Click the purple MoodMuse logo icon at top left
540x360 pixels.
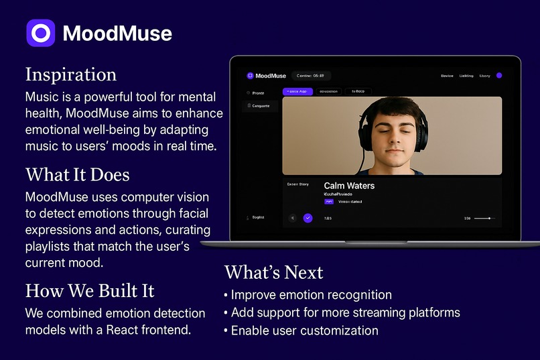[40, 33]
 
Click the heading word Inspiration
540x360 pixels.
[70, 74]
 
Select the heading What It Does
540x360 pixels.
[77, 175]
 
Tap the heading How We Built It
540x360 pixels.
[90, 290]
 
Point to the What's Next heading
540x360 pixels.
[273, 272]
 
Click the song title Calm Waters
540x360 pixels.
[349, 186]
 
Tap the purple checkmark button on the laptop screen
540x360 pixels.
[308, 218]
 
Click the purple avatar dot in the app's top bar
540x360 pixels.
[499, 76]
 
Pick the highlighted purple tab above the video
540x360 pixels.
[297, 91]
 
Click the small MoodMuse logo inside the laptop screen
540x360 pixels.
[250, 76]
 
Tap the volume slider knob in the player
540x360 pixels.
[490, 218]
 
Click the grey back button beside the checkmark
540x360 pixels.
[292, 218]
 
